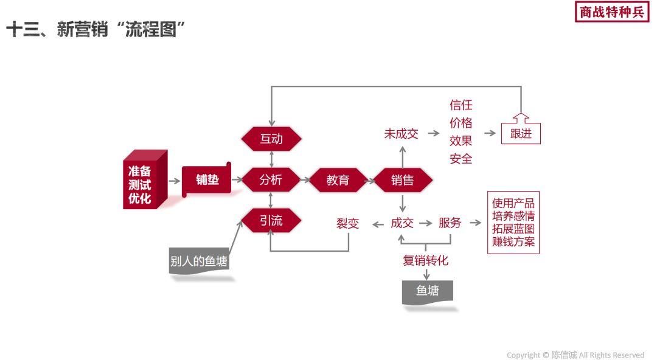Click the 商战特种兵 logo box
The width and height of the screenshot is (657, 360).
[x=611, y=12]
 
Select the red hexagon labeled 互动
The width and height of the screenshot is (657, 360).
[x=271, y=139]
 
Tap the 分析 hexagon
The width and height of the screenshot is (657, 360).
[x=271, y=180]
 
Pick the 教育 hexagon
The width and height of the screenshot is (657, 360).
[x=338, y=180]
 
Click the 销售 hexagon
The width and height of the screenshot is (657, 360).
[x=402, y=180]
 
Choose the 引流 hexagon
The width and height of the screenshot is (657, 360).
[x=271, y=220]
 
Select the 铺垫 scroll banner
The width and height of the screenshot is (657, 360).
[x=207, y=180]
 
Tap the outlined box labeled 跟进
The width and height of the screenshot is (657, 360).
[x=521, y=133]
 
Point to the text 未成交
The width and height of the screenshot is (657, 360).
[x=401, y=134]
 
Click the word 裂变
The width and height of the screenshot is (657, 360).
[x=348, y=224]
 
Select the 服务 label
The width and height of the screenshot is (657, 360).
[x=450, y=223]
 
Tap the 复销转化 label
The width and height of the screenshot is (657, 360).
[x=425, y=260]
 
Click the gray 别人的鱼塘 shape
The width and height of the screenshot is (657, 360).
[x=199, y=262]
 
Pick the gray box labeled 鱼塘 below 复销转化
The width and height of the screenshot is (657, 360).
[x=428, y=291]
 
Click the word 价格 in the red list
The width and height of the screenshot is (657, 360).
[x=461, y=123]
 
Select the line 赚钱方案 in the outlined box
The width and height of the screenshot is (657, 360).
[x=513, y=242]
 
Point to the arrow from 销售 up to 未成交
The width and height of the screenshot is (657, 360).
[x=402, y=157]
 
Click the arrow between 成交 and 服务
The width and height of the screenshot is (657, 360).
[x=425, y=223]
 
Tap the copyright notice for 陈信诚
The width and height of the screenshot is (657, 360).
[x=575, y=355]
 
